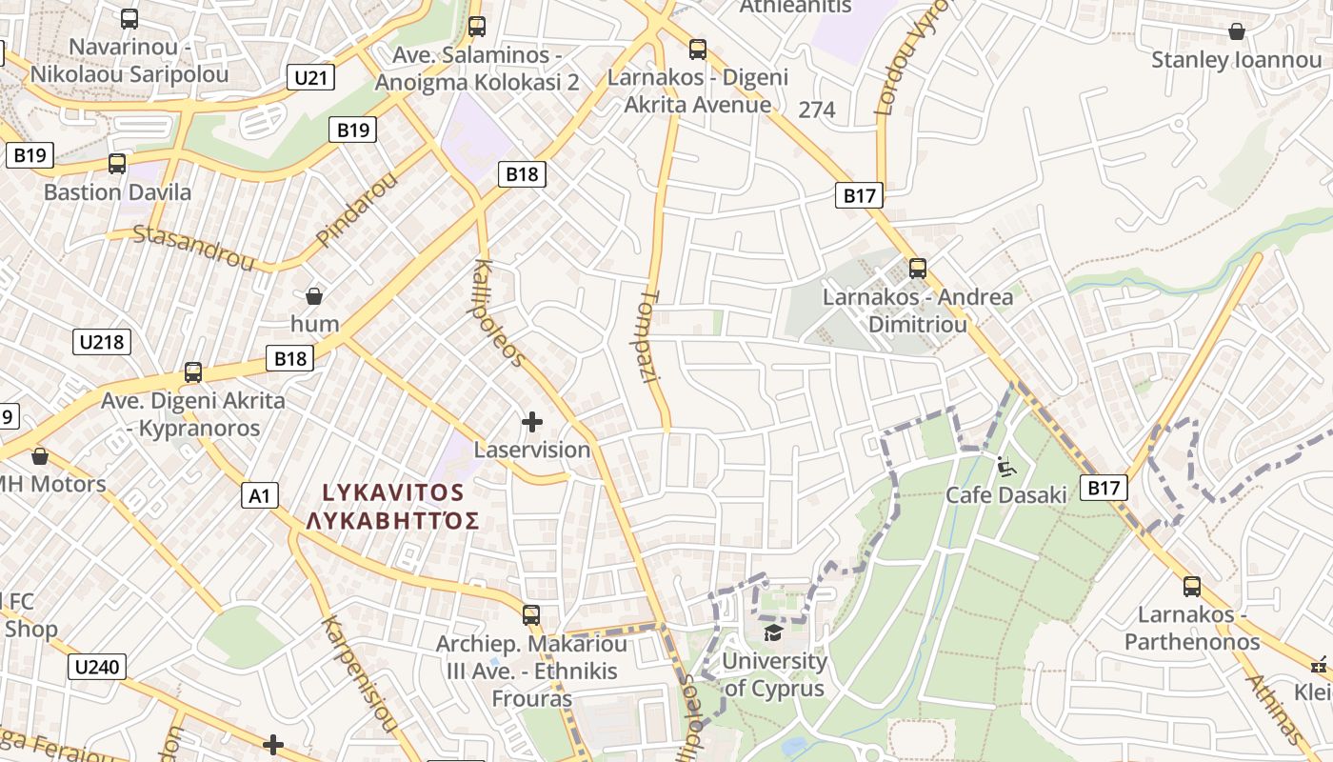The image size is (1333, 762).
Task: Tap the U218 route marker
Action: click(x=102, y=341)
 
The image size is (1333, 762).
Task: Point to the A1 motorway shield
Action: click(x=260, y=494)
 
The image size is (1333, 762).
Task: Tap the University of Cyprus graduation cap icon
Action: click(x=773, y=632)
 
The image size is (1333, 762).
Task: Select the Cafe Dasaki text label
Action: click(x=1006, y=495)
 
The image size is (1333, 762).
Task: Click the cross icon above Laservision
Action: click(x=532, y=421)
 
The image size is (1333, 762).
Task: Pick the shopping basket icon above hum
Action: click(x=314, y=296)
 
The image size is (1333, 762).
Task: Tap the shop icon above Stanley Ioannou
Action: click(x=1236, y=31)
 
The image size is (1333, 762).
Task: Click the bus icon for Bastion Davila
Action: click(x=117, y=163)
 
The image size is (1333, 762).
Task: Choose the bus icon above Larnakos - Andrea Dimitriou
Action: click(x=918, y=268)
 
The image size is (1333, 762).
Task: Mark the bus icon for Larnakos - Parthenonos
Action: click(x=1191, y=586)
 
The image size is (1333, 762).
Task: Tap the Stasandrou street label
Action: click(x=193, y=247)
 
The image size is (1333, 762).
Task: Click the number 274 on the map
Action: click(x=817, y=110)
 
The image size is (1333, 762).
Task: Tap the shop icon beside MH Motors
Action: click(x=40, y=456)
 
